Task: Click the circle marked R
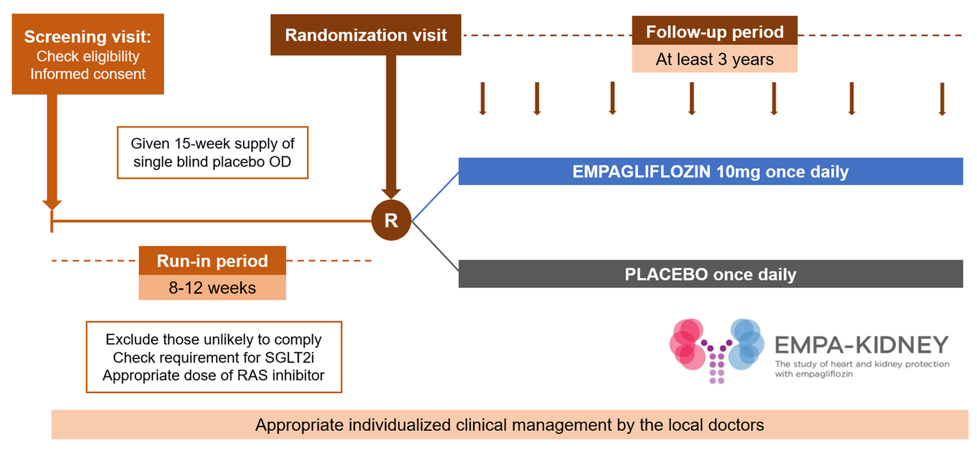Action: pos(391,221)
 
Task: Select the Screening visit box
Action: pos(87,55)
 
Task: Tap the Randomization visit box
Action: pos(366,35)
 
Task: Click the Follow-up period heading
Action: pos(715,31)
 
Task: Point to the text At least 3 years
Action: pos(715,59)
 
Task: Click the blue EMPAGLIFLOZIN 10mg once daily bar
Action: pos(710,172)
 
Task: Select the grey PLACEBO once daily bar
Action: pos(710,274)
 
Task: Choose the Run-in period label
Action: pos(212,261)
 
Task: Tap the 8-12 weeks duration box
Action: pos(212,287)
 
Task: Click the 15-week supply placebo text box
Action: pos(212,152)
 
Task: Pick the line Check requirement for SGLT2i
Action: pos(214,357)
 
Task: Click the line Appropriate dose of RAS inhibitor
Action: pos(214,375)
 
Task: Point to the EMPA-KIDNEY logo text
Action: pos(861,344)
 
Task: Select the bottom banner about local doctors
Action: pos(509,425)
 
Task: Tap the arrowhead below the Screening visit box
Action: pos(51,203)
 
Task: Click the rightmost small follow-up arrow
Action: pos(942,99)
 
